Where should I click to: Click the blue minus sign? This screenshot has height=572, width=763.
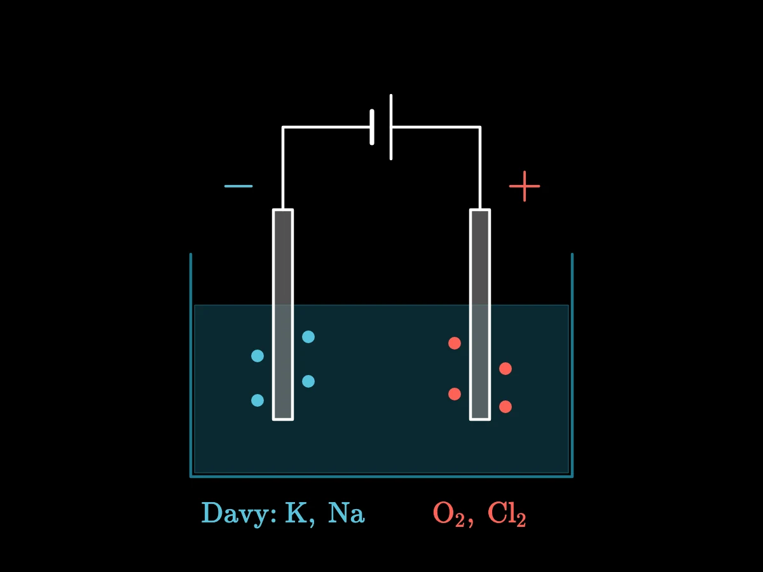[x=238, y=186]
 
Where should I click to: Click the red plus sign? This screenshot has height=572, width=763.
[x=525, y=186]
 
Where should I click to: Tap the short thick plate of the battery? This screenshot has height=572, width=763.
[x=372, y=127]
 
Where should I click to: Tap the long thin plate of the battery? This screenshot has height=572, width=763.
[x=391, y=127]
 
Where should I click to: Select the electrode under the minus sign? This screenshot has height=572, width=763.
[x=283, y=315]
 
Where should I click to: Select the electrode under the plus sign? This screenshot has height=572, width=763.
[x=480, y=315]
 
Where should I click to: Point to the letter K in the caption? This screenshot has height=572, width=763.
[x=296, y=512]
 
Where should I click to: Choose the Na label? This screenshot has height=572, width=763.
[x=347, y=513]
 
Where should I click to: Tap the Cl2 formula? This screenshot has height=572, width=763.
[x=507, y=514]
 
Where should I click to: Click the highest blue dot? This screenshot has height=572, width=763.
[x=308, y=337]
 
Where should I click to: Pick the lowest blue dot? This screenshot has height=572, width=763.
[x=258, y=400]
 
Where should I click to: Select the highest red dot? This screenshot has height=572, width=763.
[x=455, y=343]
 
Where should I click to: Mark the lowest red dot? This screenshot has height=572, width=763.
[x=505, y=407]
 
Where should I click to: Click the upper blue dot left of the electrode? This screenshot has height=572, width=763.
[x=258, y=356]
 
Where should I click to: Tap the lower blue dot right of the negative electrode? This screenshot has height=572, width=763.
[x=308, y=381]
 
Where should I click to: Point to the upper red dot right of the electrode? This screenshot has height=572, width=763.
[x=505, y=369]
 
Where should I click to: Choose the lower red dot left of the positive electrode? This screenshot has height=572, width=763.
[x=455, y=394]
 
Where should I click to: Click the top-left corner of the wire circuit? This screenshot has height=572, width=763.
[x=283, y=128]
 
